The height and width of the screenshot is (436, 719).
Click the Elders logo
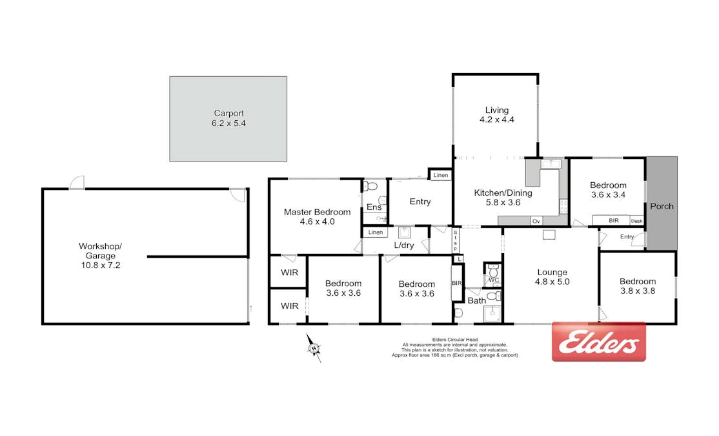tap(598, 342)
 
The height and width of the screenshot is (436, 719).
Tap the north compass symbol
tap(314, 348)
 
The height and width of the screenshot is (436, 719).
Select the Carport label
tap(228, 113)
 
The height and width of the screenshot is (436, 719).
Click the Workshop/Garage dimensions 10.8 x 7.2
tap(101, 265)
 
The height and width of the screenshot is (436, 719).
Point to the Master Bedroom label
tap(317, 212)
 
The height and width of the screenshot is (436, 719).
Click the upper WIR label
tap(289, 273)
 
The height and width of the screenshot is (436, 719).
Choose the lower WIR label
tap(289, 306)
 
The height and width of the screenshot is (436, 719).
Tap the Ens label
tap(374, 207)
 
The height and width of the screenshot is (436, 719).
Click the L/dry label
tap(404, 245)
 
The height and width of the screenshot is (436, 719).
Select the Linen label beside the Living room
tap(441, 175)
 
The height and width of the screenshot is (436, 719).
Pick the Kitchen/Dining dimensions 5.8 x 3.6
tap(503, 202)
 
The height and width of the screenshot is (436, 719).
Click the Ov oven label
tap(536, 221)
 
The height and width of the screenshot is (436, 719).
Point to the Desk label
tap(636, 221)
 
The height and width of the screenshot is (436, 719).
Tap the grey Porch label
tap(662, 207)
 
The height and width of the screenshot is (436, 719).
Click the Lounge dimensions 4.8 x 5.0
tap(552, 282)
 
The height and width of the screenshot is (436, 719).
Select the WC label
tap(493, 280)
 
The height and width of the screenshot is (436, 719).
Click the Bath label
tap(476, 300)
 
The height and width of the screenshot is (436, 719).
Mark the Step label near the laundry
tap(455, 241)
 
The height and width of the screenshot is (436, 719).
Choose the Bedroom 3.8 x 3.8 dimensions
tap(638, 291)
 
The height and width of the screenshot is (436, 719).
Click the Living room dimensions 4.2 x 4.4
tap(496, 119)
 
